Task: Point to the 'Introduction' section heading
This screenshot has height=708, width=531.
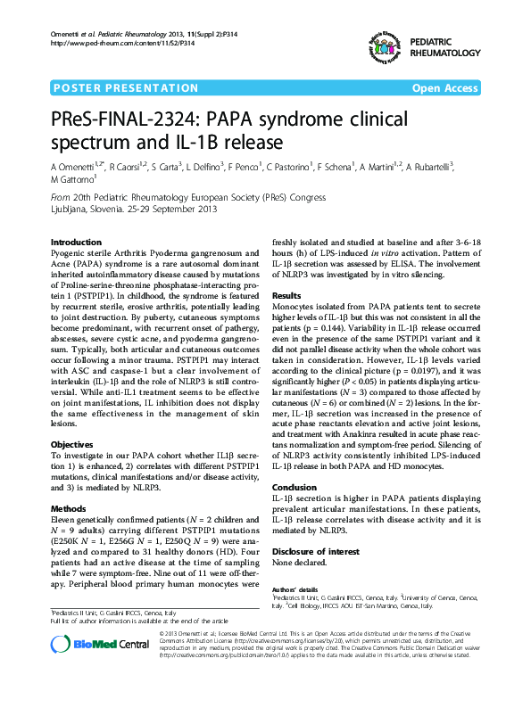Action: (76, 243)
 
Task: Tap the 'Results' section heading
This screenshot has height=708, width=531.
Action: (286, 295)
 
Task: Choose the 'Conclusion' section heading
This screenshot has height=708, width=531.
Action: (294, 487)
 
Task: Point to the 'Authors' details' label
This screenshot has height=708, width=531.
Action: (295, 589)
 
